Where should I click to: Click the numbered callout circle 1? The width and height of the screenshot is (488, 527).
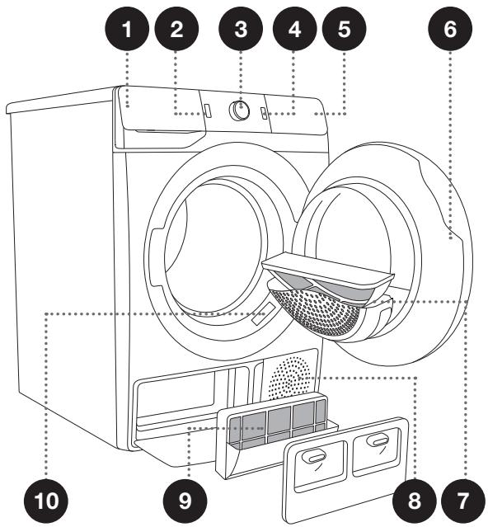click(127, 31)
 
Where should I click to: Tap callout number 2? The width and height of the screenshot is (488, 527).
click(184, 31)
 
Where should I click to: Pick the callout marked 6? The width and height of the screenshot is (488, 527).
click(451, 31)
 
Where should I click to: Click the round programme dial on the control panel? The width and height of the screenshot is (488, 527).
click(240, 112)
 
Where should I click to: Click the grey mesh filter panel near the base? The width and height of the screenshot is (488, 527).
click(278, 422)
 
